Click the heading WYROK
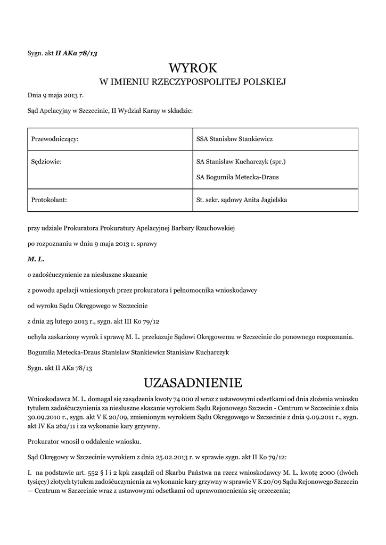click(x=193, y=68)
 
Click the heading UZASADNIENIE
click(x=193, y=383)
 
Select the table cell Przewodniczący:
click(x=55, y=138)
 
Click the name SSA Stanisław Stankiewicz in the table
click(x=234, y=138)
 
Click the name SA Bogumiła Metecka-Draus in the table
click(x=237, y=177)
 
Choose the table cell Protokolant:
click(x=49, y=200)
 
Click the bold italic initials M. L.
click(x=35, y=259)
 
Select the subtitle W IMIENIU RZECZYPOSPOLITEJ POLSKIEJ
click(x=193, y=82)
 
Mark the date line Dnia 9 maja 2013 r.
click(x=55, y=96)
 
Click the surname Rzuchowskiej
click(x=215, y=228)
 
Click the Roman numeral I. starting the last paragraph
click(x=30, y=472)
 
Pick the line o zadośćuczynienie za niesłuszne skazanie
click(x=87, y=275)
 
